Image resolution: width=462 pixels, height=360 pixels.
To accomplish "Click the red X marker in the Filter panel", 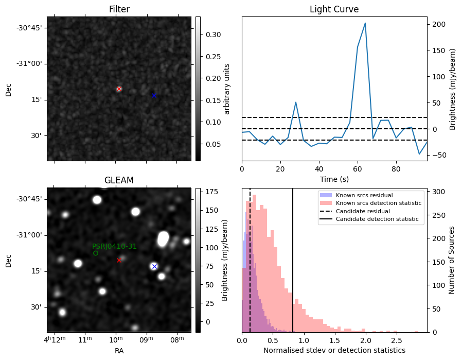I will click(x=119, y=89).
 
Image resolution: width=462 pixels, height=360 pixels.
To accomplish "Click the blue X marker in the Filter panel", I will click(x=154, y=95).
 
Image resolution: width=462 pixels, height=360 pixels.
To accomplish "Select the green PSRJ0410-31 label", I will click(x=114, y=246).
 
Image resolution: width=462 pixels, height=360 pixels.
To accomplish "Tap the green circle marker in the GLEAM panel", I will click(x=96, y=253).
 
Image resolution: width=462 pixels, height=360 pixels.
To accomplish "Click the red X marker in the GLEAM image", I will click(x=119, y=260).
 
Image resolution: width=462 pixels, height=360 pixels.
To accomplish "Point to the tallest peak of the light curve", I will click(x=365, y=23).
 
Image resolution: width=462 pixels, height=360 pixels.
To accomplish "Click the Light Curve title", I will click(x=334, y=9).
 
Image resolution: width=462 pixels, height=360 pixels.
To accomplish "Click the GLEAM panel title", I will click(x=119, y=180).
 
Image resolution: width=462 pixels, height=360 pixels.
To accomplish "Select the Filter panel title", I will click(x=119, y=9).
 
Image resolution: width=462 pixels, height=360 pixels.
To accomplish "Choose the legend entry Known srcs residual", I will click(x=364, y=195).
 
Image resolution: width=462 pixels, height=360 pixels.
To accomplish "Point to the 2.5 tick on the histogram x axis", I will click(x=396, y=340).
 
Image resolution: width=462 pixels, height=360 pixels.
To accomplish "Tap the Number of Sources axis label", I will click(x=452, y=260).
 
